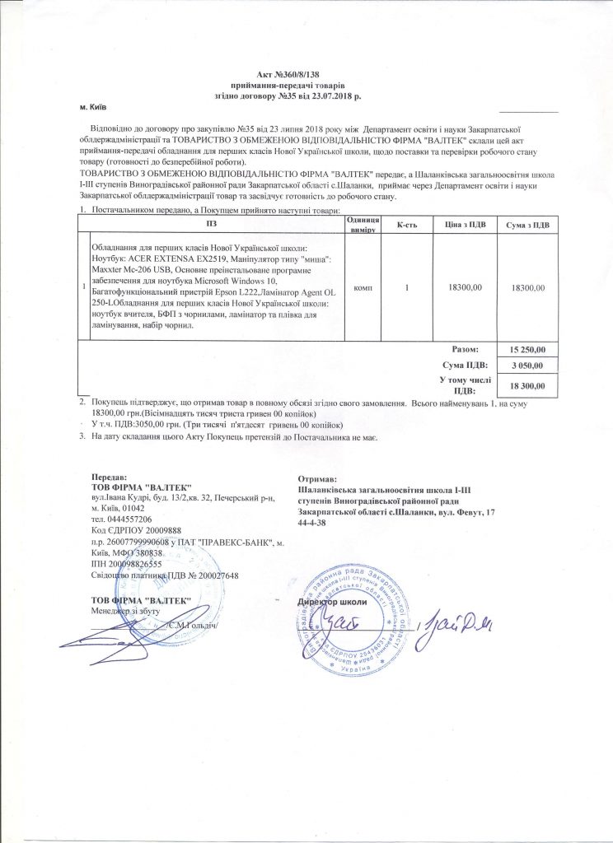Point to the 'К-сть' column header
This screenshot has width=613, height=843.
pos(408,225)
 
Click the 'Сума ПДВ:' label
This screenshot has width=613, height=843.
pos(466,365)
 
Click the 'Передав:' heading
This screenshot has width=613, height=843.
pos(110,478)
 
